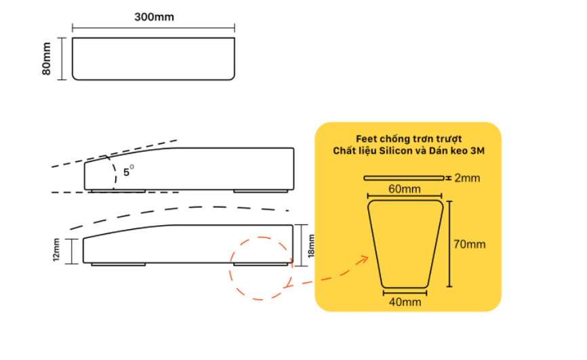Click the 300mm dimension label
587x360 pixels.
[x=154, y=17]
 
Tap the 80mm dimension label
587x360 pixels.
[x=46, y=58]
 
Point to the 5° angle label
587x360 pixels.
[x=128, y=171]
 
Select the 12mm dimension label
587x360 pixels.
[x=56, y=250]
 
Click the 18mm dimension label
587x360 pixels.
[x=310, y=246]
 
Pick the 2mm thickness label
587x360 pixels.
[x=467, y=178]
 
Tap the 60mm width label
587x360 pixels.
[x=404, y=188]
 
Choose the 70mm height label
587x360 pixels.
[x=470, y=244]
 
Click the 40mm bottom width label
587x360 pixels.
[x=405, y=302]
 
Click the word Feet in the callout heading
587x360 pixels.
[x=366, y=139]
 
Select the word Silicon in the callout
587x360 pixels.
[x=396, y=151]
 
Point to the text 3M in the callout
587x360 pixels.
[x=478, y=151]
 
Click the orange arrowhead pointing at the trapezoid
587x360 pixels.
[x=363, y=259]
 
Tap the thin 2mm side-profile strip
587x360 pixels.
[x=404, y=178]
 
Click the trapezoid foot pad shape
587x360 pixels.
[x=405, y=244]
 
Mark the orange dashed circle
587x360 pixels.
[x=230, y=268]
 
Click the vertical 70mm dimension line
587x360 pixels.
[x=449, y=244]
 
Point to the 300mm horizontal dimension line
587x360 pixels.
[x=153, y=28]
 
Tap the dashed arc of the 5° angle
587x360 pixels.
[x=114, y=172]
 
